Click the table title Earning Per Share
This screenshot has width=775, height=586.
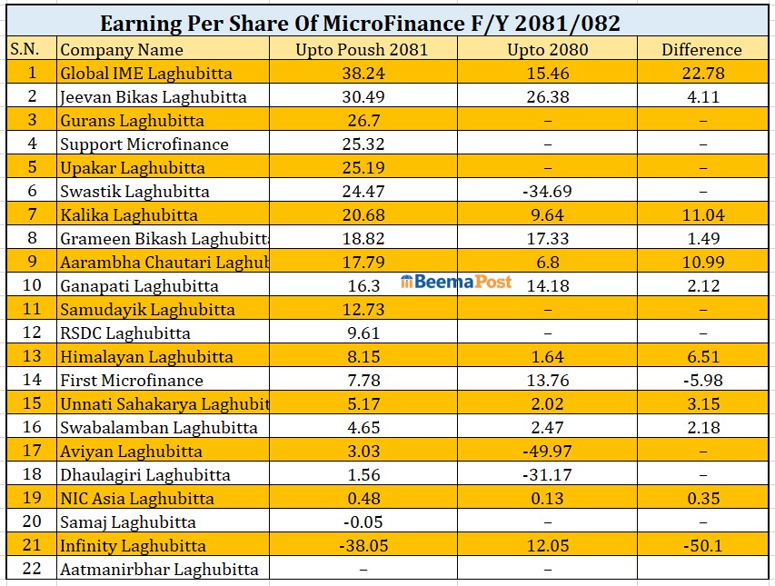[360, 23]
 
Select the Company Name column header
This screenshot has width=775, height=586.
[122, 50]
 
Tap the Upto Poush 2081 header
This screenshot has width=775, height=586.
[362, 50]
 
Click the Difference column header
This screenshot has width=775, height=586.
[701, 50]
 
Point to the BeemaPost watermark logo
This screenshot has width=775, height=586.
[456, 282]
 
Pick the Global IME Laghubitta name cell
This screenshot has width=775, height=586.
[146, 74]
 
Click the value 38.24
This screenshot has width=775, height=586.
[362, 74]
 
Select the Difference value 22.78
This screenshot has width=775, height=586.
[701, 74]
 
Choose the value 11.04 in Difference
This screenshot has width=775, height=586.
[701, 215]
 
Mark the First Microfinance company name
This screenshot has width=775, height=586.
[132, 381]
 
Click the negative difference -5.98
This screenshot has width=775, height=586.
[701, 381]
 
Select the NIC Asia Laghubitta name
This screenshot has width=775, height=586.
[137, 499]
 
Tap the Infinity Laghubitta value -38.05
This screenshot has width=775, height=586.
[362, 546]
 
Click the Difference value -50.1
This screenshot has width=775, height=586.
[701, 546]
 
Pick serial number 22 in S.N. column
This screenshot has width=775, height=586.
[31, 570]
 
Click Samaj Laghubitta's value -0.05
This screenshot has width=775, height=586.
[362, 522]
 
